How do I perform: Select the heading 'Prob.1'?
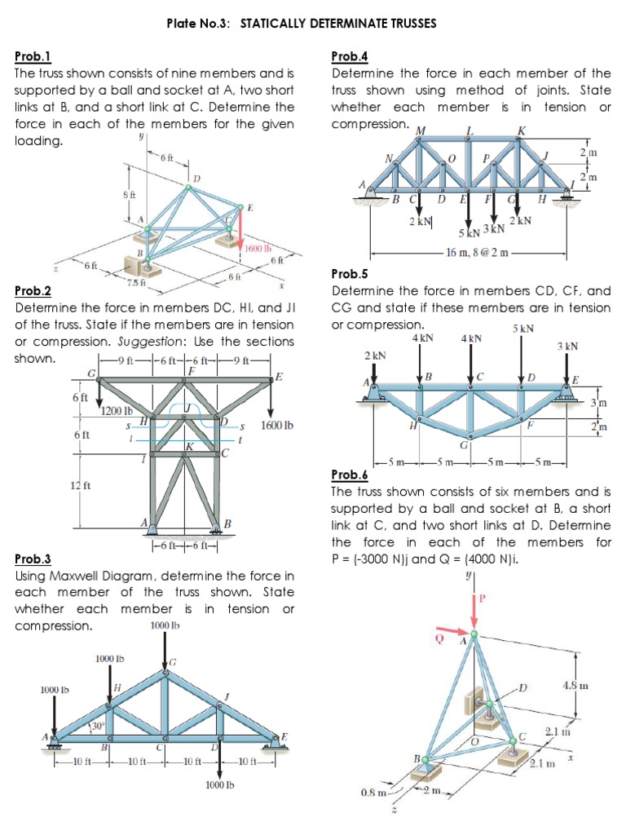tap(33, 56)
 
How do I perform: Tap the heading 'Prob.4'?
tap(350, 56)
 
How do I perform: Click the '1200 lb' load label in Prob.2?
tap(117, 410)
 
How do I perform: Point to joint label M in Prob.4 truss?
tap(421, 130)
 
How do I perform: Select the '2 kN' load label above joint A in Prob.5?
tap(375, 356)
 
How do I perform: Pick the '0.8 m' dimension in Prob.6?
tap(372, 792)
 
